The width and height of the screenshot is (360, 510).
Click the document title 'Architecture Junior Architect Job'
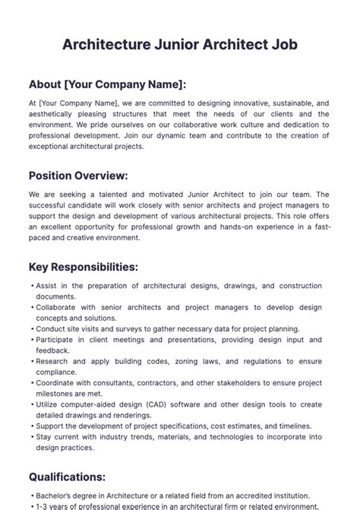point(180,45)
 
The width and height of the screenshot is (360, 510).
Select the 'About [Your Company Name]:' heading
point(107,84)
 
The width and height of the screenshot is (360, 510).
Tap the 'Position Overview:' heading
point(78,176)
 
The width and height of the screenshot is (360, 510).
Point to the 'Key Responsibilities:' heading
point(84,267)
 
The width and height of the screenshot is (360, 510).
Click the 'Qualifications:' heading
point(68,477)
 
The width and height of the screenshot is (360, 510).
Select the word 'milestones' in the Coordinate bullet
point(59,394)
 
